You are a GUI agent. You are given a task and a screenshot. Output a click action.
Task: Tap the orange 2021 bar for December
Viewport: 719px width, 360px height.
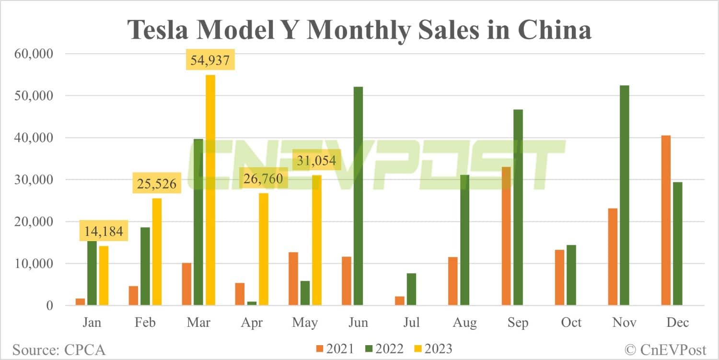click(x=666, y=221)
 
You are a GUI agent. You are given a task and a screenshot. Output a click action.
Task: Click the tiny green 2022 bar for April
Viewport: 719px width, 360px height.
click(x=252, y=303)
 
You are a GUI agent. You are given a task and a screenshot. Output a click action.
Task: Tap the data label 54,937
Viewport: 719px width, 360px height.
click(x=210, y=61)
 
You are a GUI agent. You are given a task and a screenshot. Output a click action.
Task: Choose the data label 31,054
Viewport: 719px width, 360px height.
click(x=316, y=161)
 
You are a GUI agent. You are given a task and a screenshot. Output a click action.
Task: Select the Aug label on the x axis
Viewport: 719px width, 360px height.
click(x=464, y=323)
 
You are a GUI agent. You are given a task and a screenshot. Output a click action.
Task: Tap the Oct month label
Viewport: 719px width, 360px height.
click(x=571, y=323)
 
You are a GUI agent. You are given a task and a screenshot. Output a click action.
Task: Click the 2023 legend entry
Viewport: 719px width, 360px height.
click(x=430, y=348)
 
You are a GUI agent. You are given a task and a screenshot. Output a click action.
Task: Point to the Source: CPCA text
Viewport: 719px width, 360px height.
click(x=58, y=349)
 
